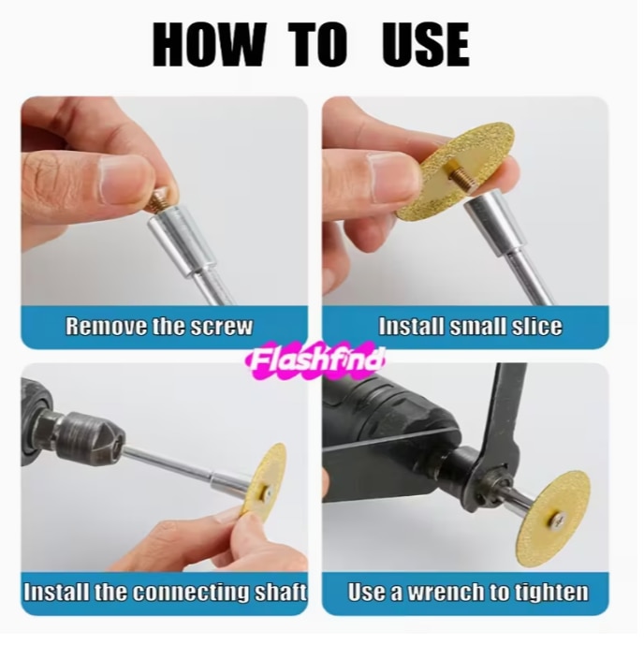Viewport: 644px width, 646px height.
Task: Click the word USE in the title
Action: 427,45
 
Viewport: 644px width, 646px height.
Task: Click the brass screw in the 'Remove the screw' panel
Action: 159,199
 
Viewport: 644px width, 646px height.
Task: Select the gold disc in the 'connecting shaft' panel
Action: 266,478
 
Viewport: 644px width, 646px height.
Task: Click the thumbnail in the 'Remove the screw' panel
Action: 123,179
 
